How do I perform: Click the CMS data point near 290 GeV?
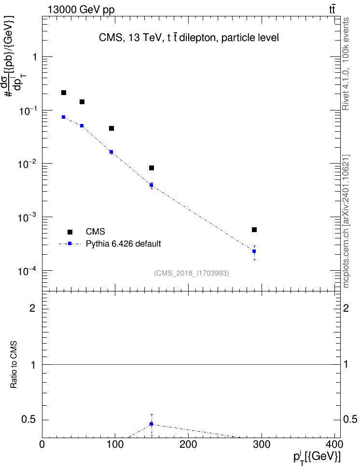click(x=254, y=230)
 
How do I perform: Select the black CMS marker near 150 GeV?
click(x=152, y=168)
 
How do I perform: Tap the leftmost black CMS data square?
click(x=63, y=93)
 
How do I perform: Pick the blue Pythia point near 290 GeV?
click(x=254, y=251)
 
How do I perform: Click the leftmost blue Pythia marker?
click(x=63, y=117)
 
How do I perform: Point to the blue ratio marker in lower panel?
click(x=152, y=424)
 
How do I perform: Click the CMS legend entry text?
click(x=95, y=232)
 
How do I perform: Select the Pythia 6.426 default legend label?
click(x=123, y=244)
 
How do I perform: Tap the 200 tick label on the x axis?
click(x=188, y=444)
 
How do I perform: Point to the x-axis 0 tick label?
click(x=42, y=444)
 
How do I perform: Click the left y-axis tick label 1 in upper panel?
click(x=35, y=57)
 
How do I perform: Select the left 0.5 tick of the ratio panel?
click(x=28, y=420)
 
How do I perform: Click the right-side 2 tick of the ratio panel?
click(x=346, y=308)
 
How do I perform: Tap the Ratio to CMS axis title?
click(x=14, y=365)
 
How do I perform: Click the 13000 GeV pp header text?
click(x=81, y=10)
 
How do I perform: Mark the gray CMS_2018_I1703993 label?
click(x=192, y=273)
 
